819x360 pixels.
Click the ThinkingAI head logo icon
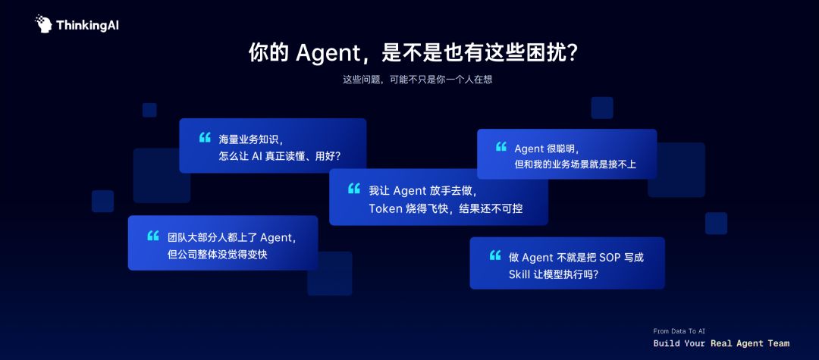point(44,24)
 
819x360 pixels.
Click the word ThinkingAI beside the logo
point(87,25)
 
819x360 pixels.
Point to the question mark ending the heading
point(572,53)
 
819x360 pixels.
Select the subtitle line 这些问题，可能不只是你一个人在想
point(417,80)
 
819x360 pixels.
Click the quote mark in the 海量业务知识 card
point(205,137)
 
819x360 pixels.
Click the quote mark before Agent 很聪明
point(501,146)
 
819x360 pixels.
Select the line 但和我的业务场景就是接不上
point(575,164)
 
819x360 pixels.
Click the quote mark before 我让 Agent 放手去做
point(353,189)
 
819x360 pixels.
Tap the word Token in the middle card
point(384,208)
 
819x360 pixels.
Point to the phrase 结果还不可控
point(491,208)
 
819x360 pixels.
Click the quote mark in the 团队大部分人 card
point(153,236)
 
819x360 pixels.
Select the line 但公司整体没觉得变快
point(218,255)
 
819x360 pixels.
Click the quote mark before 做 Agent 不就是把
point(494,255)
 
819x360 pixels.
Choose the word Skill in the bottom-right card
point(518,274)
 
